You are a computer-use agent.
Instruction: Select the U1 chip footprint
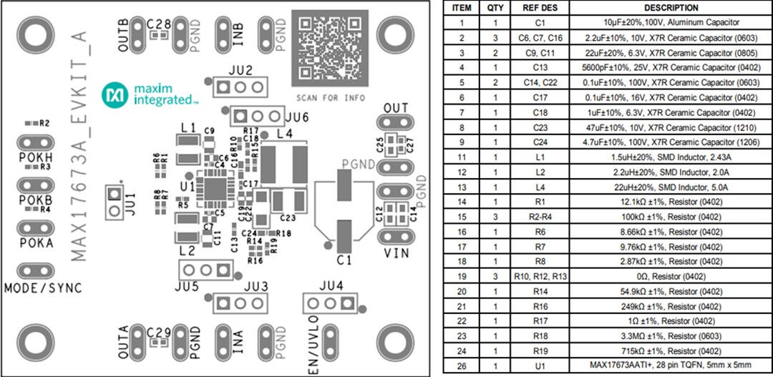click(215, 187)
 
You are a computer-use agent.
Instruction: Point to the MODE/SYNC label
click(43, 288)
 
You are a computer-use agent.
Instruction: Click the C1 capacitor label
click(344, 259)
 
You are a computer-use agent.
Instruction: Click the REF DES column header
click(542, 8)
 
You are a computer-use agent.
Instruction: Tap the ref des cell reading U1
click(542, 366)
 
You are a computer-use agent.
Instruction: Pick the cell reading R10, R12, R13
click(542, 276)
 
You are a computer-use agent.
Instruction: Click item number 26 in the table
click(462, 366)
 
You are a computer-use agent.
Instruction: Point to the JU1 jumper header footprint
click(113, 202)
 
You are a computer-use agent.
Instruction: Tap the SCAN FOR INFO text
click(330, 97)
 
